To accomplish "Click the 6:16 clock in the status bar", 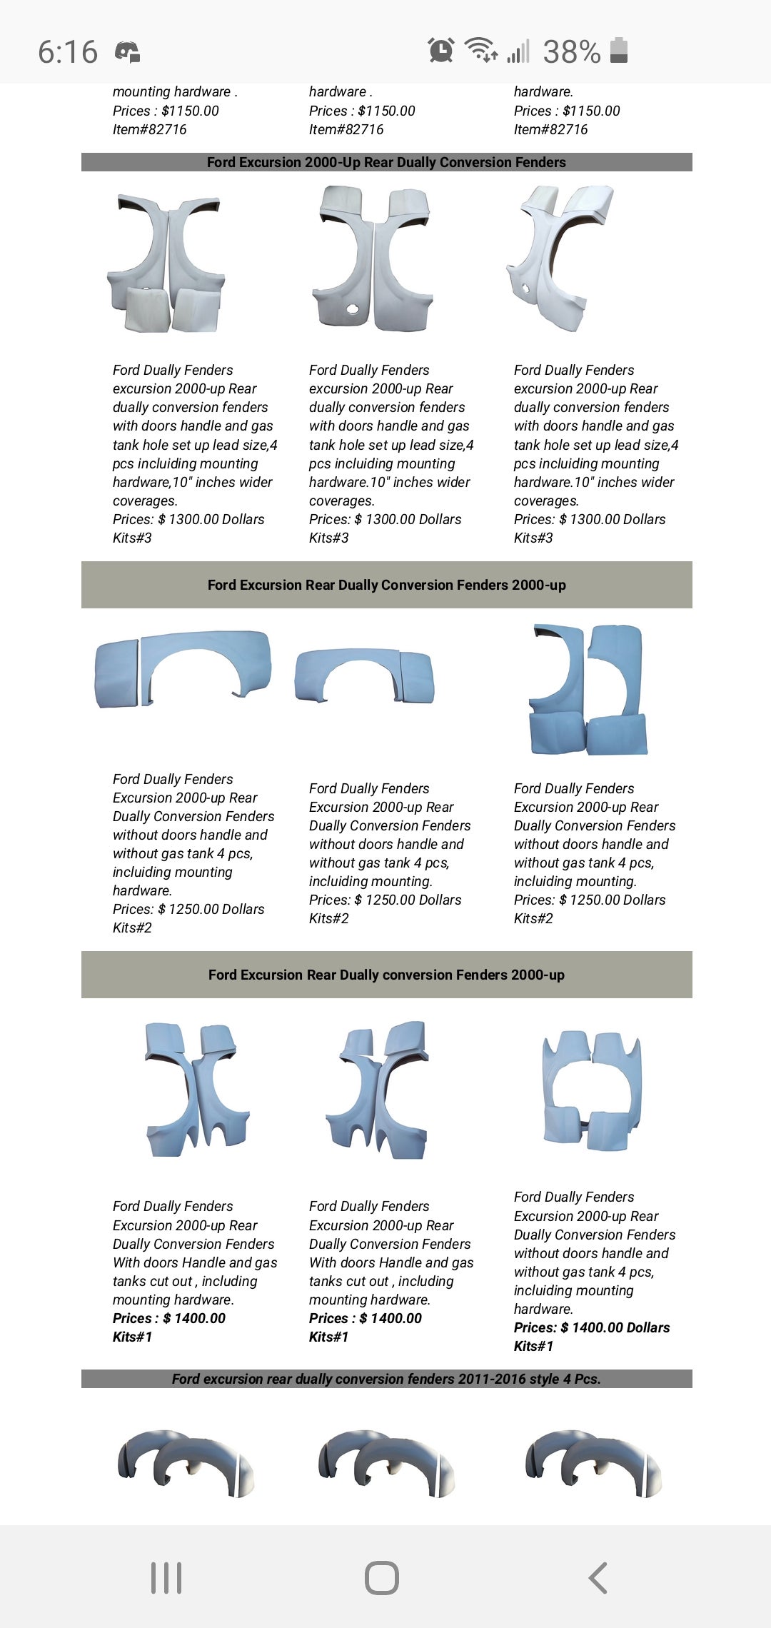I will [x=68, y=52].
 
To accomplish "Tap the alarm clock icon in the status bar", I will [x=441, y=50].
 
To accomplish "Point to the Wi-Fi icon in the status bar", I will [x=481, y=50].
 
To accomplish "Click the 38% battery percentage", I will [x=571, y=52].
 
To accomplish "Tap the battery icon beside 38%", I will [x=619, y=51].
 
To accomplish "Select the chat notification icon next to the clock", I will [x=127, y=52].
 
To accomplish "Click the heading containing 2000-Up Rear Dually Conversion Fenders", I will [x=386, y=162].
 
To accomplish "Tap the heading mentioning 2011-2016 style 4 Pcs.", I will [x=386, y=1379].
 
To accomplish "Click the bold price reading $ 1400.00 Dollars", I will [x=592, y=1327].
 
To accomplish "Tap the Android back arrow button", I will [x=598, y=1577].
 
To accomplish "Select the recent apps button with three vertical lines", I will [x=166, y=1577].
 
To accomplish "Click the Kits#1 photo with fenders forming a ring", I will [x=592, y=1089].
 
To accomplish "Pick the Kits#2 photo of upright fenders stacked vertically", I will [x=588, y=689].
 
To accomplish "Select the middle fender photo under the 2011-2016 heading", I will [x=386, y=1462].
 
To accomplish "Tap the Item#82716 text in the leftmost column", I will [x=149, y=129].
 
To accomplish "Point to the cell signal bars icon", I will [x=519, y=51].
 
